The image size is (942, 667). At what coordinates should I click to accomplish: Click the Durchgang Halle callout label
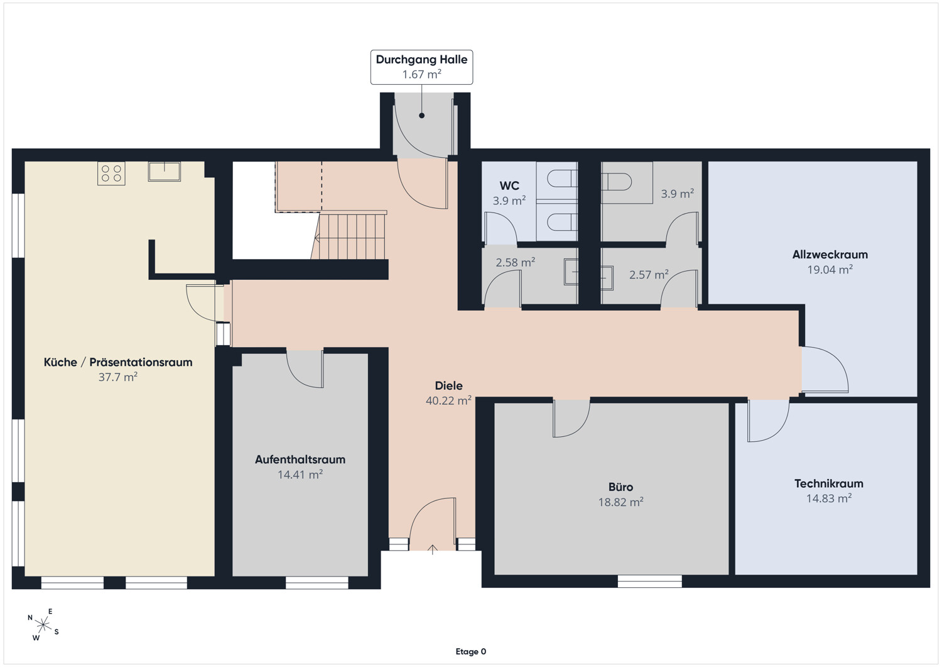(x=421, y=67)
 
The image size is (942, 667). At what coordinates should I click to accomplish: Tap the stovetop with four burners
(x=111, y=174)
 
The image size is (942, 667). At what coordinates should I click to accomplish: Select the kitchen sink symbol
(x=165, y=172)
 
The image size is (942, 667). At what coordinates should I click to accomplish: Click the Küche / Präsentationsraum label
(x=118, y=362)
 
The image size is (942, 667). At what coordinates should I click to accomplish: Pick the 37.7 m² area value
(x=118, y=377)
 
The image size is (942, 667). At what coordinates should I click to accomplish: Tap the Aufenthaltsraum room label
(x=300, y=460)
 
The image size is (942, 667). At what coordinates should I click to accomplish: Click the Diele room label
(x=449, y=386)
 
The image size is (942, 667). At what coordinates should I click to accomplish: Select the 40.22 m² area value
(x=449, y=400)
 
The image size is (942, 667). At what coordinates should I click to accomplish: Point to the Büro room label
(x=620, y=487)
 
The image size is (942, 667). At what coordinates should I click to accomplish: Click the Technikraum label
(x=829, y=483)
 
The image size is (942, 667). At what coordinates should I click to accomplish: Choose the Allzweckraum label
(x=830, y=255)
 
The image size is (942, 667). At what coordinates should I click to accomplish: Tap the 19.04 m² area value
(x=830, y=270)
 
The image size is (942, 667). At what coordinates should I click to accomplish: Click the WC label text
(x=509, y=185)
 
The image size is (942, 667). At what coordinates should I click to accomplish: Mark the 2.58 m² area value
(x=516, y=263)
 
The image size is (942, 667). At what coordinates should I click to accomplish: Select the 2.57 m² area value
(x=649, y=275)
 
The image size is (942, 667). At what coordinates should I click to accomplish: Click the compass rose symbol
(x=43, y=625)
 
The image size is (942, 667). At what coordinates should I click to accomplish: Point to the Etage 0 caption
(x=471, y=651)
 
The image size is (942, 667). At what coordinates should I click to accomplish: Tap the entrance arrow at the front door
(x=432, y=549)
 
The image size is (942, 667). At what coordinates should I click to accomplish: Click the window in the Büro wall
(x=650, y=582)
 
